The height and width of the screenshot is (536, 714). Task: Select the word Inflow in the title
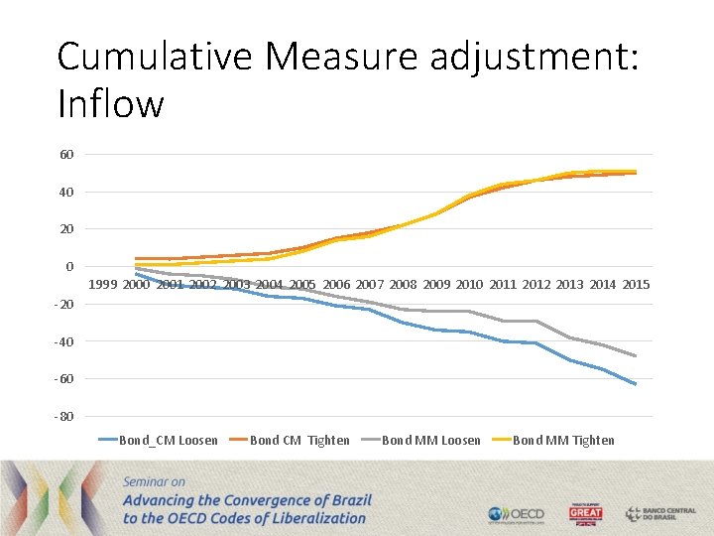(110, 103)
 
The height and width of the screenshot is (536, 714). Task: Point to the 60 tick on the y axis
(66, 154)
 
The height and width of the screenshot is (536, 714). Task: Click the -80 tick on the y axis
(64, 416)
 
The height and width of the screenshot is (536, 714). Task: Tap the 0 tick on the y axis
(69, 266)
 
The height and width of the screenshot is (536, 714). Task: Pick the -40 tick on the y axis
(64, 341)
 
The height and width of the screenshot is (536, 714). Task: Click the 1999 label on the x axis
(103, 285)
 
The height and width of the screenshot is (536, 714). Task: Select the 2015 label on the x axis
(636, 285)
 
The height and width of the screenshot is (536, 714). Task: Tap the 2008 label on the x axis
(403, 285)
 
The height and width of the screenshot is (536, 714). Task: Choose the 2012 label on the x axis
(535, 285)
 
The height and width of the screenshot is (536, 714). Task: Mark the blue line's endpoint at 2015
(636, 384)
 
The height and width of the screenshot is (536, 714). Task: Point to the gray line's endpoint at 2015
(636, 356)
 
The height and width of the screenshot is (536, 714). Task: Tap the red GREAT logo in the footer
(585, 514)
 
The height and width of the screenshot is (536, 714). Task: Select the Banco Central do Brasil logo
(660, 514)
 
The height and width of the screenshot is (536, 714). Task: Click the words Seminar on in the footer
(159, 481)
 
